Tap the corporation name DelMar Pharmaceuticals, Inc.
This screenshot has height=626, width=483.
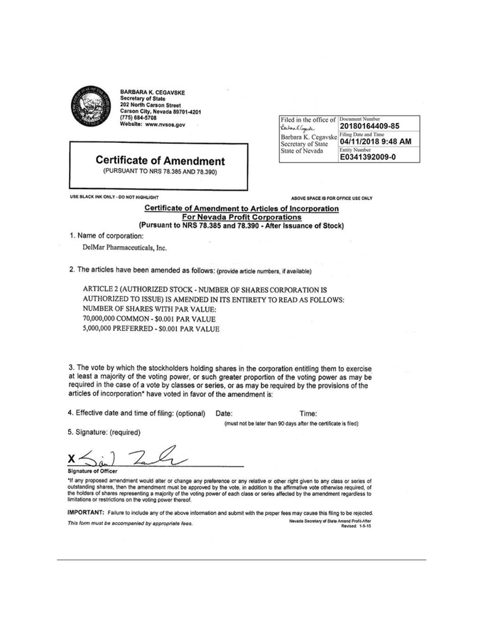pos(126,248)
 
